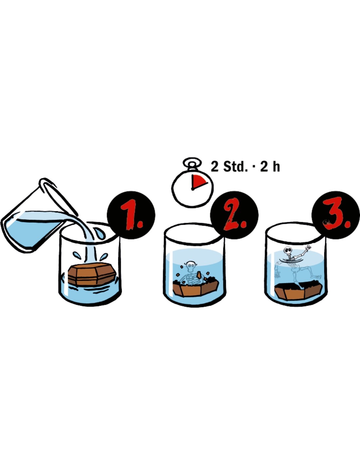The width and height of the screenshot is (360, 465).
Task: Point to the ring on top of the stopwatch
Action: pos(192,162)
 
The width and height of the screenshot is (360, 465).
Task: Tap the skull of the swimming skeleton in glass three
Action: pos(288,250)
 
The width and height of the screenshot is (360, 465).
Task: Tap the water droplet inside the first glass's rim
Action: pos(100,233)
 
